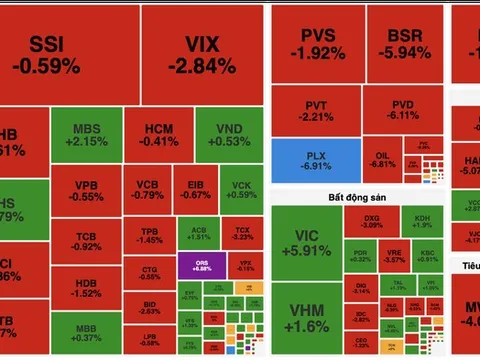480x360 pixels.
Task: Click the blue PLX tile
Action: click(315, 160)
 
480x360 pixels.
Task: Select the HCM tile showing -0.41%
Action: click(160, 135)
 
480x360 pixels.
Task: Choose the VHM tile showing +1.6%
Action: click(305, 319)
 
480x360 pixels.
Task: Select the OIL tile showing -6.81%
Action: click(381, 158)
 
